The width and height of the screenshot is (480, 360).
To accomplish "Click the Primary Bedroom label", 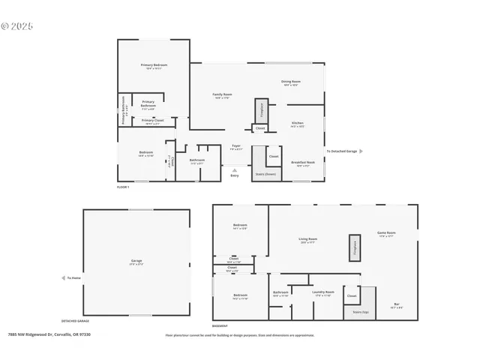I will tap(154, 65).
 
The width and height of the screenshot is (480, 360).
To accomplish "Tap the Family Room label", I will tap(223, 94).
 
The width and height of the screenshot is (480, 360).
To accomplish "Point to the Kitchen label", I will tap(297, 124).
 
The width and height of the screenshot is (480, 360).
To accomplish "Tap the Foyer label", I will tap(235, 146).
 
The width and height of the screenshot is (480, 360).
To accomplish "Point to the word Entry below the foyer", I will tap(235, 175).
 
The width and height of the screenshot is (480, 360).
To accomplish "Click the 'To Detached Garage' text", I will tap(341, 151).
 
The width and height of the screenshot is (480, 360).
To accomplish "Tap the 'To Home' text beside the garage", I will tap(73, 277).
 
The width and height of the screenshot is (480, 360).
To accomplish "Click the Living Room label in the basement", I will tap(307, 239).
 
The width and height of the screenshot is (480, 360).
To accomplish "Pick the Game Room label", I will tap(386, 233).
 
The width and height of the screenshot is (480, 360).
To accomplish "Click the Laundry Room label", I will tap(323, 292).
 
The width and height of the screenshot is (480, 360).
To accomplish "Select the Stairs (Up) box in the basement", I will tap(359, 311).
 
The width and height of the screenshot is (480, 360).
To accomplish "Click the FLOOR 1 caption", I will tap(123, 186).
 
